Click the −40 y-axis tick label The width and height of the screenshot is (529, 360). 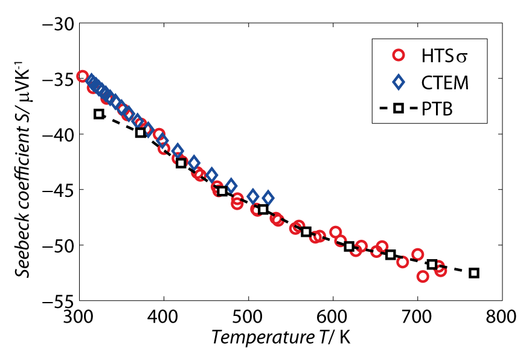coord(57,134)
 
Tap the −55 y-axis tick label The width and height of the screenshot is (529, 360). coord(57,300)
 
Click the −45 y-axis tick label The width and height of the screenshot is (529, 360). coord(57,190)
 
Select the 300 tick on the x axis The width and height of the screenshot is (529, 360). coord(79,317)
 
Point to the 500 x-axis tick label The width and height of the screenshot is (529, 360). coord(248,317)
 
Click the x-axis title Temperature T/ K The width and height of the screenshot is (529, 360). coord(280,338)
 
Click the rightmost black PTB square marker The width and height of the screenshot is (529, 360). coord(474,273)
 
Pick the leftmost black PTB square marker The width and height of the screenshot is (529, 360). coord(99,114)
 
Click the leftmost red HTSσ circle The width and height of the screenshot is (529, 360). coord(83,76)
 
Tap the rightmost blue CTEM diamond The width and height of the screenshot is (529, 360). coord(268,198)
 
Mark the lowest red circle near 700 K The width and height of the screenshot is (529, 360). coord(423,277)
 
